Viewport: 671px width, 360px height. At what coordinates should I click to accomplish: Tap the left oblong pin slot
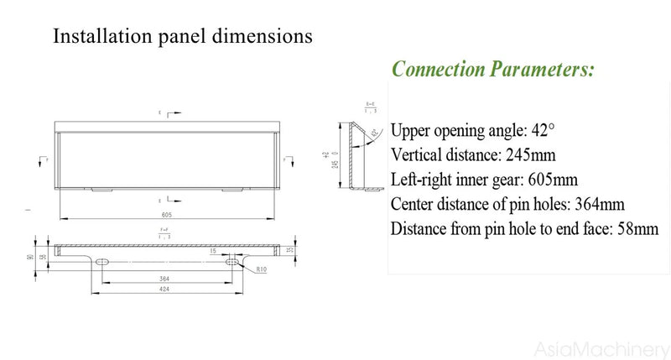pyautogui.click(x=101, y=263)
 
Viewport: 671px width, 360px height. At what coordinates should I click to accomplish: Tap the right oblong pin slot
pyautogui.click(x=231, y=263)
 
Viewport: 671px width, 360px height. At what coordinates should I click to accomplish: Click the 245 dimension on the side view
pyautogui.click(x=335, y=159)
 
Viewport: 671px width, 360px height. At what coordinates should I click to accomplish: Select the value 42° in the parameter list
pyautogui.click(x=541, y=132)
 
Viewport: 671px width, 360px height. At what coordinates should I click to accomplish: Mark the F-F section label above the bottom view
pyautogui.click(x=164, y=232)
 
